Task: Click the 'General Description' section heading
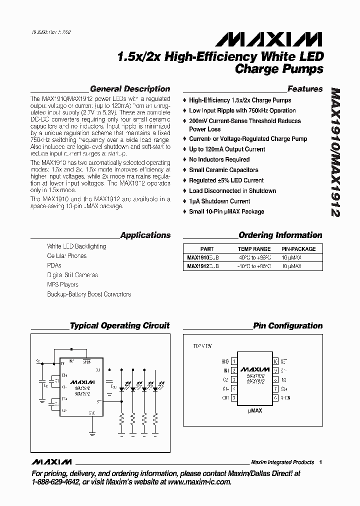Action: [x=130, y=89]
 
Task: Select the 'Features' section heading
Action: [x=305, y=89]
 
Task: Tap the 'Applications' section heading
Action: [x=145, y=235]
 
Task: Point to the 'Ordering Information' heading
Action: [x=280, y=235]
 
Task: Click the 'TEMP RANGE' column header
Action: [x=254, y=249]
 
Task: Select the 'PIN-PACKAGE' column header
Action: [x=298, y=249]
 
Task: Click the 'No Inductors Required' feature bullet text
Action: [x=219, y=159]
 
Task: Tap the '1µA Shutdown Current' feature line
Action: [x=219, y=201]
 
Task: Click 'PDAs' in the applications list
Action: [x=54, y=265]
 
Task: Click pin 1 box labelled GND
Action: [x=233, y=361]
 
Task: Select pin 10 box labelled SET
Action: [x=275, y=361]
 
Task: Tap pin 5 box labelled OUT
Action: [x=233, y=398]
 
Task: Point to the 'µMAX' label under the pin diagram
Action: [x=254, y=410]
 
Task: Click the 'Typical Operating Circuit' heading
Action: [x=120, y=325]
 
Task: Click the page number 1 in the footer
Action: [x=320, y=462]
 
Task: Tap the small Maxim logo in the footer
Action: [x=51, y=461]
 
